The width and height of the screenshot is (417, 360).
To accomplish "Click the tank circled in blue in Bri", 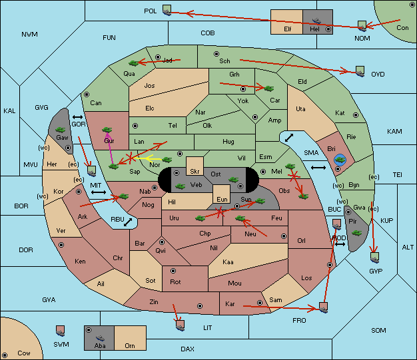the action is tap(340, 160).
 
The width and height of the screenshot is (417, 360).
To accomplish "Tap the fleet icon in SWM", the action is tap(61, 331).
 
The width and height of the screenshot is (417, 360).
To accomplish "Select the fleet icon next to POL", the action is tap(167, 10).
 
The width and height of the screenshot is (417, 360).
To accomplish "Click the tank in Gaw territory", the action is tap(61, 130).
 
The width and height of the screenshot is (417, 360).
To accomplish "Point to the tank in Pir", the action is tap(356, 233).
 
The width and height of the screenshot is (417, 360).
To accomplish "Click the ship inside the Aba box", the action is tap(100, 337).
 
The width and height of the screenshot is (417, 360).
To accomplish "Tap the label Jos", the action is tap(149, 86).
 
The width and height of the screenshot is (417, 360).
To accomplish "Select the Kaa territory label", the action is tap(228, 262).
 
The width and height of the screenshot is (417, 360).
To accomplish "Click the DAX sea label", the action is tap(187, 349).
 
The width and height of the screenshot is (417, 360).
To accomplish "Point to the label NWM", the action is tap(29, 35).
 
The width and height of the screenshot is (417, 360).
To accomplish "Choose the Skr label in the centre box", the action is tap(195, 172).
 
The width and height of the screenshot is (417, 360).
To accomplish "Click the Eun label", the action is tap(222, 199).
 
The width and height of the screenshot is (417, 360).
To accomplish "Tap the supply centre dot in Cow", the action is tap(5, 355).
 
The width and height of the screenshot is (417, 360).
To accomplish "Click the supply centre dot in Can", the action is tap(87, 94).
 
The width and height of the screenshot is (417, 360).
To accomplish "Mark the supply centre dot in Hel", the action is tap(328, 29).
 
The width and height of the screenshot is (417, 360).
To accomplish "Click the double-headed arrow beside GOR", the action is tap(78, 117).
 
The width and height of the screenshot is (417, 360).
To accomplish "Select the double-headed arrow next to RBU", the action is tap(128, 222).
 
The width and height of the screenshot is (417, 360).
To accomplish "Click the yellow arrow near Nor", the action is tap(148, 158).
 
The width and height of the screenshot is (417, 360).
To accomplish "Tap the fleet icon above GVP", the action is tap(375, 258).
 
